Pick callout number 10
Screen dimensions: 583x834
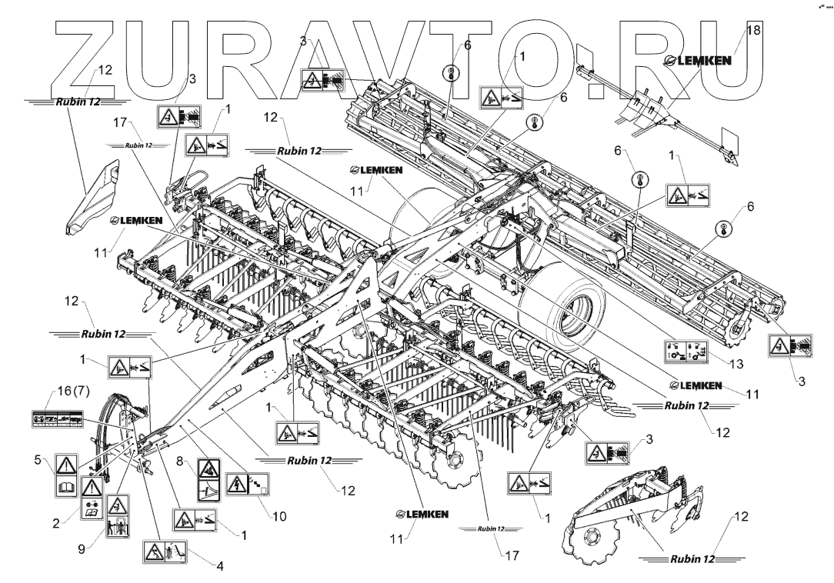[279, 517]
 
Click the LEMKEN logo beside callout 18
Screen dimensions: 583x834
[698, 62]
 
